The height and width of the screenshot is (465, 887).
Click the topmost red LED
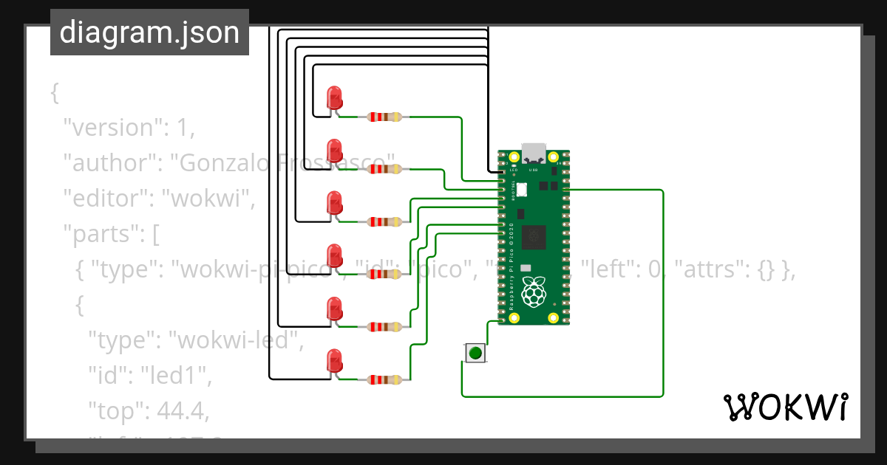click(334, 97)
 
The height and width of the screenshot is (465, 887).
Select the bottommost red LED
click(334, 360)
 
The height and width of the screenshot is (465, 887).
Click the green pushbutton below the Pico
click(475, 353)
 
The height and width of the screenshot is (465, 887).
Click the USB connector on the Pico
click(534, 154)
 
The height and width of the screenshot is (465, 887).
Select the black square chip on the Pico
click(534, 238)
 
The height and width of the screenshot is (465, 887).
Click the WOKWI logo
click(784, 407)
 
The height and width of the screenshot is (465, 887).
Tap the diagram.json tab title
click(149, 32)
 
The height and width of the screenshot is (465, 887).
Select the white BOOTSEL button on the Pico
click(522, 190)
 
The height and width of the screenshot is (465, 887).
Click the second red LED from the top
click(334, 149)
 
